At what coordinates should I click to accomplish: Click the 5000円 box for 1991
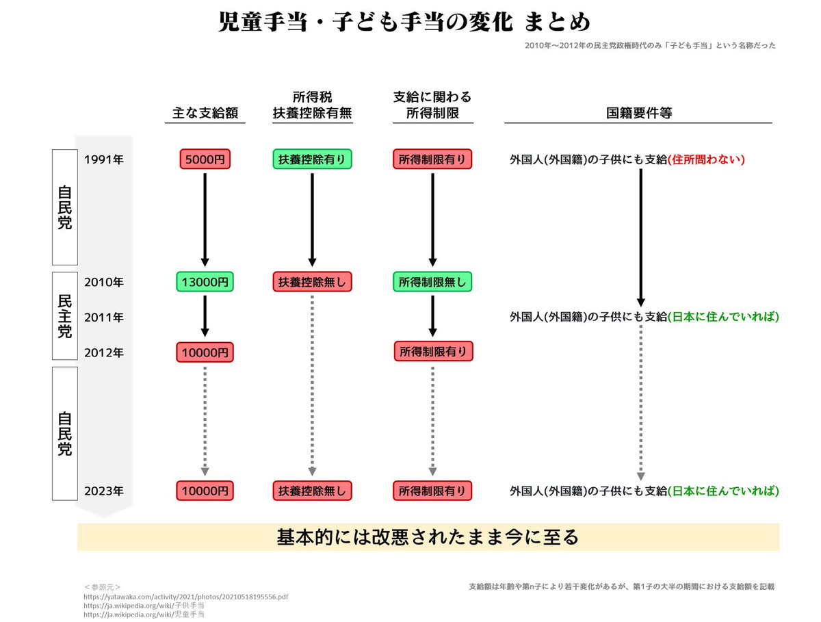pyautogui.click(x=205, y=159)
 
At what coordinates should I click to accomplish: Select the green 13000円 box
pyautogui.click(x=205, y=281)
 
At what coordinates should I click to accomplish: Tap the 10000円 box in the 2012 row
pyautogui.click(x=205, y=352)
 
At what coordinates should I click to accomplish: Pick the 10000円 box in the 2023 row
pyautogui.click(x=205, y=491)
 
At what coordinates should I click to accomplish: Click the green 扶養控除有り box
pyautogui.click(x=312, y=159)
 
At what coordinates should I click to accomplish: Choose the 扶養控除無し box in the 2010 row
pyautogui.click(x=312, y=281)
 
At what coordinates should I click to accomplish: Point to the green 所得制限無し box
pyautogui.click(x=432, y=281)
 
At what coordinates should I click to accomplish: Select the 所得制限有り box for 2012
pyautogui.click(x=432, y=352)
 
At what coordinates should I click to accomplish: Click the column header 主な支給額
pyautogui.click(x=205, y=113)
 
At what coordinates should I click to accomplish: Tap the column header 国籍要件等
pyautogui.click(x=638, y=113)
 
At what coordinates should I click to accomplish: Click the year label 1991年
pyautogui.click(x=103, y=160)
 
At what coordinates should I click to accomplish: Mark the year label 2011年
pyautogui.click(x=103, y=318)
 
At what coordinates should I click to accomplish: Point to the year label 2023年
pyautogui.click(x=103, y=491)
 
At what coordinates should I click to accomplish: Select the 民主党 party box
pyautogui.click(x=64, y=316)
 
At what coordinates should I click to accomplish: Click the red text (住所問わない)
pyautogui.click(x=706, y=160)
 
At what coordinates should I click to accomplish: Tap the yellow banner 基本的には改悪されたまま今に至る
pyautogui.click(x=428, y=537)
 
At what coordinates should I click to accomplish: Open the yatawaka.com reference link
pyautogui.click(x=185, y=597)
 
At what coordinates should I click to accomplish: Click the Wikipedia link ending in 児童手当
pyautogui.click(x=144, y=614)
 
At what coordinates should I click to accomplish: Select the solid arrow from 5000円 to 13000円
pyautogui.click(x=205, y=219)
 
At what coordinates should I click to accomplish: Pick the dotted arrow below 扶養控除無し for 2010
pyautogui.click(x=312, y=383)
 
